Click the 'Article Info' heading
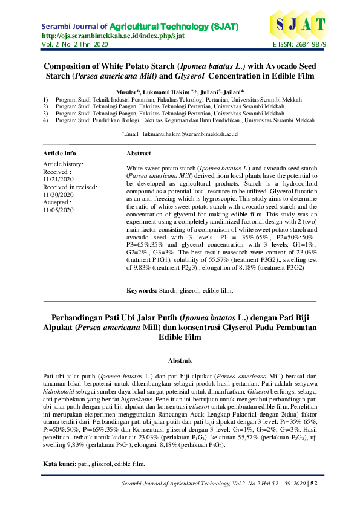(59, 154)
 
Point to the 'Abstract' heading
(139, 154)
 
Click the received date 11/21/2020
(58, 180)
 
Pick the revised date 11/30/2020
(58, 195)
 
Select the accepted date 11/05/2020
(58, 210)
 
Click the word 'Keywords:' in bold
(142, 291)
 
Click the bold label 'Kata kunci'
(56, 464)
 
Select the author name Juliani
(200, 91)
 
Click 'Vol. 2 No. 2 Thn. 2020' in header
(75, 45)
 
